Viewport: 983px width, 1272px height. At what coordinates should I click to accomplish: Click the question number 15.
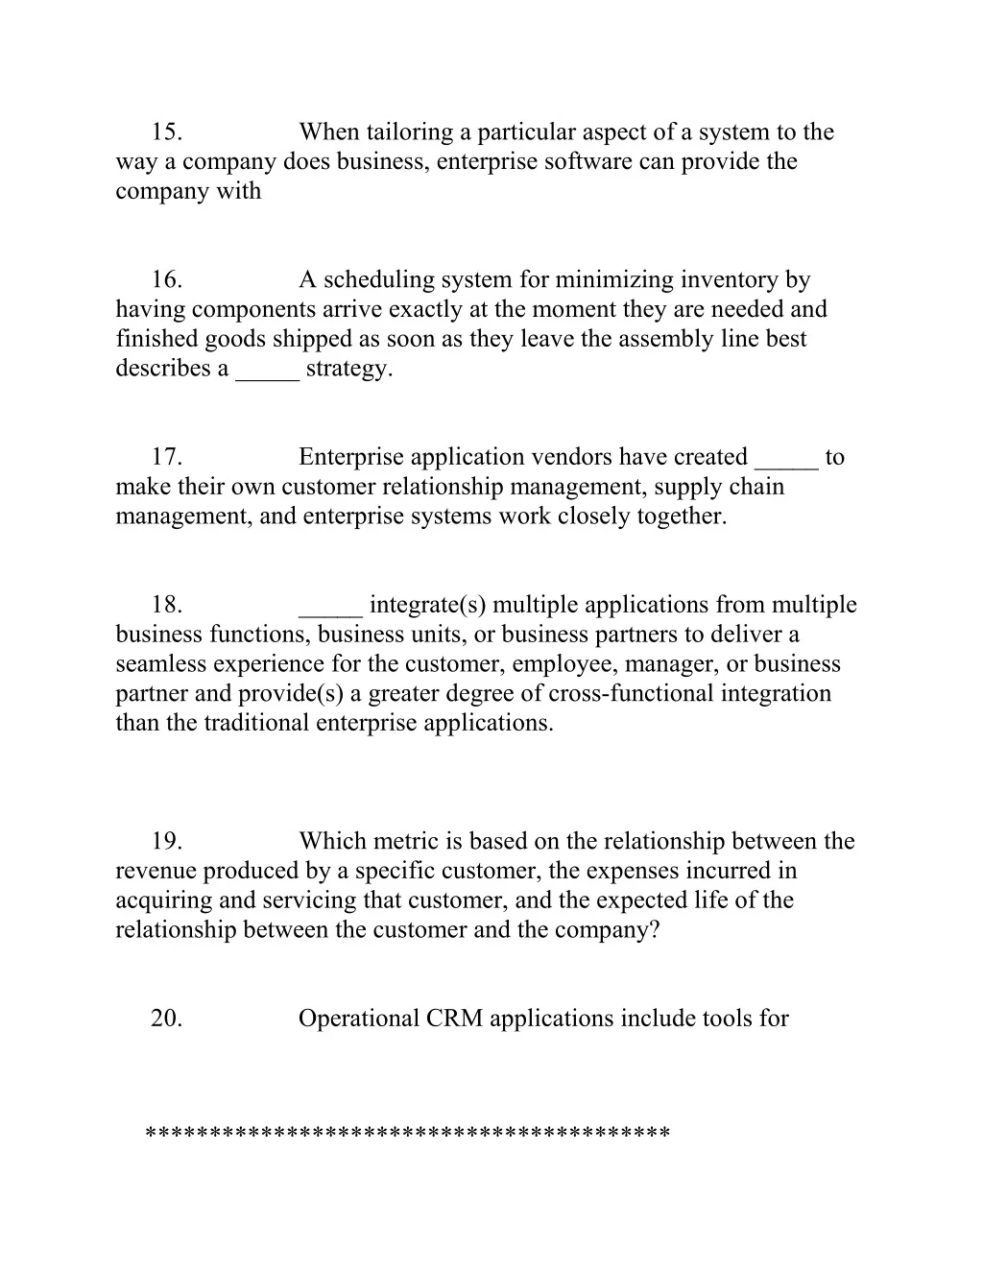(166, 132)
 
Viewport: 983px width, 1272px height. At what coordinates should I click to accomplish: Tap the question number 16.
(166, 280)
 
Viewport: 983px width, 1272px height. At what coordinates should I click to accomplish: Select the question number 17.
(166, 457)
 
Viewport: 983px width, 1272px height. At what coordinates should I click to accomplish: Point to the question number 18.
(166, 605)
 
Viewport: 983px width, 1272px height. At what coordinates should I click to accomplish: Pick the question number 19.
(166, 842)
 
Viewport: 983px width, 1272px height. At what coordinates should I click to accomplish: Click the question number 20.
(166, 1019)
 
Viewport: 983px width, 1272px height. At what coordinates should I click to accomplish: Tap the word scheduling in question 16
(379, 280)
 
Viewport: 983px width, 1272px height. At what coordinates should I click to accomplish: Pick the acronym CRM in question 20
(454, 1019)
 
